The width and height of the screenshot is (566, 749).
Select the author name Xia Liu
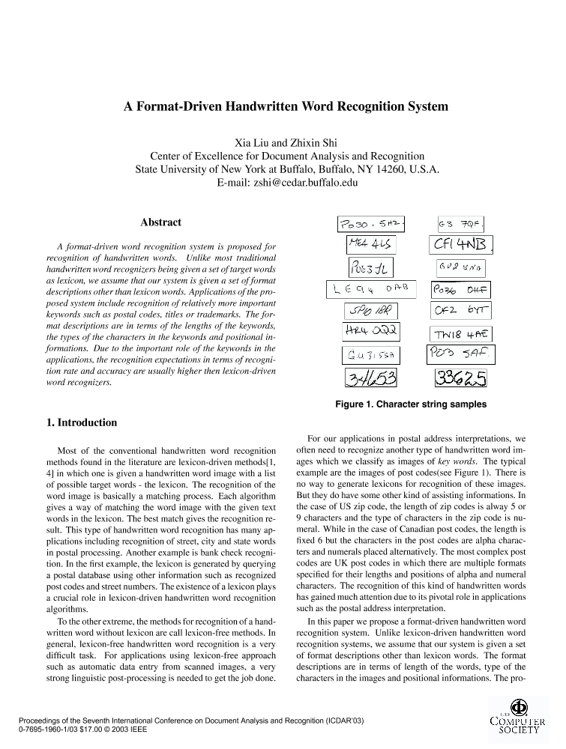point(253,143)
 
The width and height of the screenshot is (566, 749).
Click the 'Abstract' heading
point(160,222)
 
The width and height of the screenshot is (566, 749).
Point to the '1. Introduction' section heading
point(82,422)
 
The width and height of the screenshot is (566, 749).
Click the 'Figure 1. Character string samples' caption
point(411,404)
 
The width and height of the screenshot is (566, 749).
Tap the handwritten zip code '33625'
point(460,378)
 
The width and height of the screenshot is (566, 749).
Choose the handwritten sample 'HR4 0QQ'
point(371,332)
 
